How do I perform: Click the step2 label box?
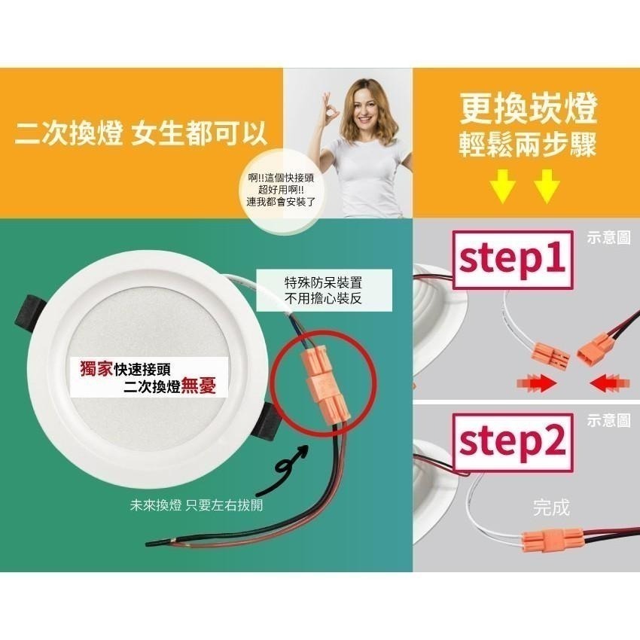click(x=513, y=443)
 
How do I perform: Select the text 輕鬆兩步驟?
click(x=529, y=145)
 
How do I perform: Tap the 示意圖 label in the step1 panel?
click(x=609, y=237)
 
